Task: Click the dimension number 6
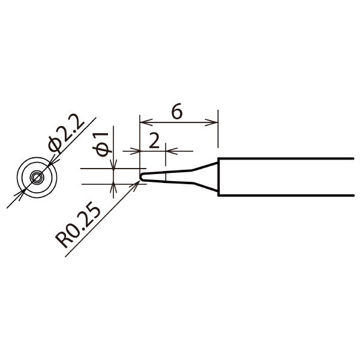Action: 177,112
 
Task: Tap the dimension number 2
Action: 154,141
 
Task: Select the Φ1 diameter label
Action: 103,142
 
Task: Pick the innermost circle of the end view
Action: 37,177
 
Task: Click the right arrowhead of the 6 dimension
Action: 212,123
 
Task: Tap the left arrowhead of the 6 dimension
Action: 145,123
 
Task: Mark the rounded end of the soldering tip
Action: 143,177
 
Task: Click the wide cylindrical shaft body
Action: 282,177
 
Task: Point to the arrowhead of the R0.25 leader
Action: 139,184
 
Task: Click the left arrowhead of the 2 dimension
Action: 135,151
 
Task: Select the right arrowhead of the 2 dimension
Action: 170,151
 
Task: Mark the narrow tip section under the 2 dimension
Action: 155,177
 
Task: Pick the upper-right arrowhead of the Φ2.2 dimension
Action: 53,160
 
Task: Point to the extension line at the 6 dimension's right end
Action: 217,132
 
